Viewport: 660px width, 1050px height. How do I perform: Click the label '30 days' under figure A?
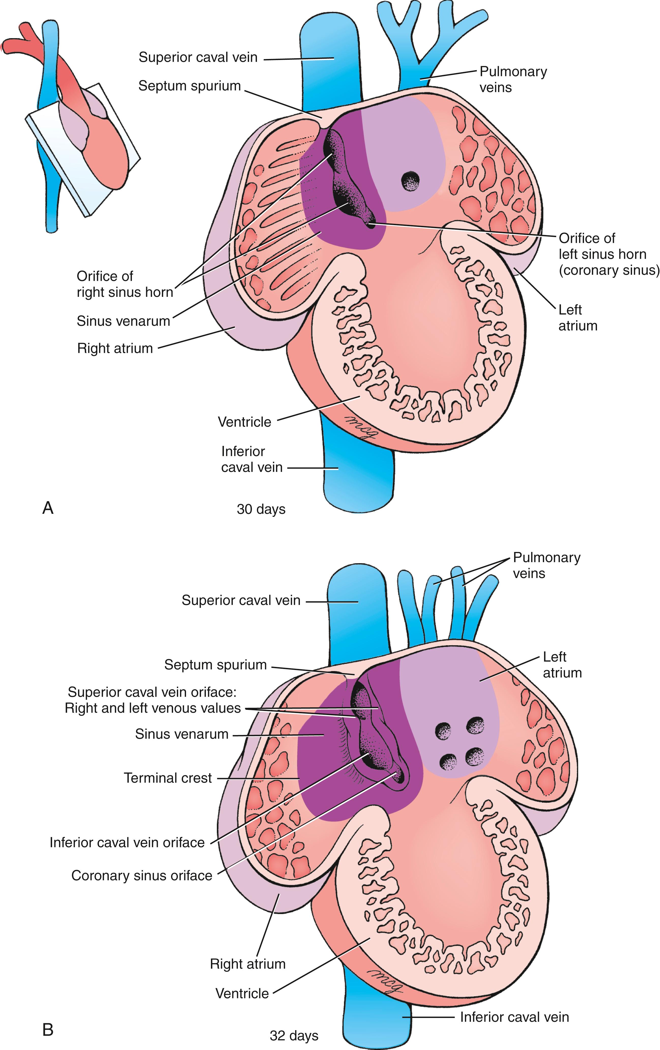[x=261, y=509]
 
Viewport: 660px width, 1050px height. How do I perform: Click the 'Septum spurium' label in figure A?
[x=190, y=86]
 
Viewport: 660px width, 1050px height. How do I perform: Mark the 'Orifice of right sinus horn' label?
[x=125, y=284]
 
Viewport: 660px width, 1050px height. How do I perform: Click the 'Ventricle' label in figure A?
[x=244, y=422]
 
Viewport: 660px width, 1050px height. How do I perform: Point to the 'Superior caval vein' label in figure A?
[x=198, y=57]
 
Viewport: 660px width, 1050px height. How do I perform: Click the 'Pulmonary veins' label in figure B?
[x=547, y=565]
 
